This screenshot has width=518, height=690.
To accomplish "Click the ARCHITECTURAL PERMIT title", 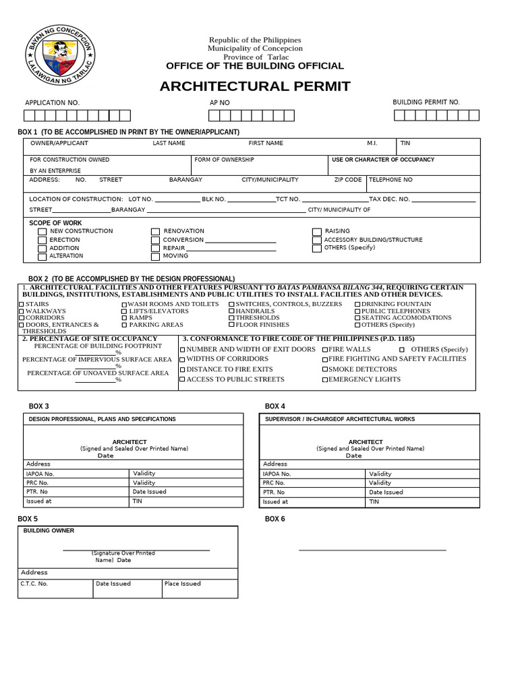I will point(255,86).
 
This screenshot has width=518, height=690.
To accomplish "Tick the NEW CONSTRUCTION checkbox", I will point(42,232).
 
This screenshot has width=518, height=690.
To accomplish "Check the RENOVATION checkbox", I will point(156,232).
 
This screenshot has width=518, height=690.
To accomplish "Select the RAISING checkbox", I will point(317,232).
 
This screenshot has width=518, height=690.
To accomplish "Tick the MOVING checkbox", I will point(156,257).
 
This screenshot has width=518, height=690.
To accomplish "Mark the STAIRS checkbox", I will point(21,305).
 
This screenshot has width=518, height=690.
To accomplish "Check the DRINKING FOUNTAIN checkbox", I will point(357,305).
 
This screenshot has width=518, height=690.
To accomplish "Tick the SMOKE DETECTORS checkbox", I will point(324,370).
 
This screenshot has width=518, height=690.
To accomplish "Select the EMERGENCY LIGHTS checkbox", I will point(324,380).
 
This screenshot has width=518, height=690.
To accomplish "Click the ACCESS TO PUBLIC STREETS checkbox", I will point(182,380).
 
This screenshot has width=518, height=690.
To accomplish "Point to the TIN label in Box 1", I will point(405,143).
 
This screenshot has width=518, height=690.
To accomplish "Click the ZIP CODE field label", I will point(348,180).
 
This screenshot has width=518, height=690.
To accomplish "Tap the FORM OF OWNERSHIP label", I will point(224,160).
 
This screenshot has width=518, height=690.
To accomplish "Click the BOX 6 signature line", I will point(372,550).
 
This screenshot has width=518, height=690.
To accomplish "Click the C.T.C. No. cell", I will point(56,588).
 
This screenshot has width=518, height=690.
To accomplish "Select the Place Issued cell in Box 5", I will point(200,588).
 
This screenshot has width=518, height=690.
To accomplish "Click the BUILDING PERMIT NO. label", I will point(426,102).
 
